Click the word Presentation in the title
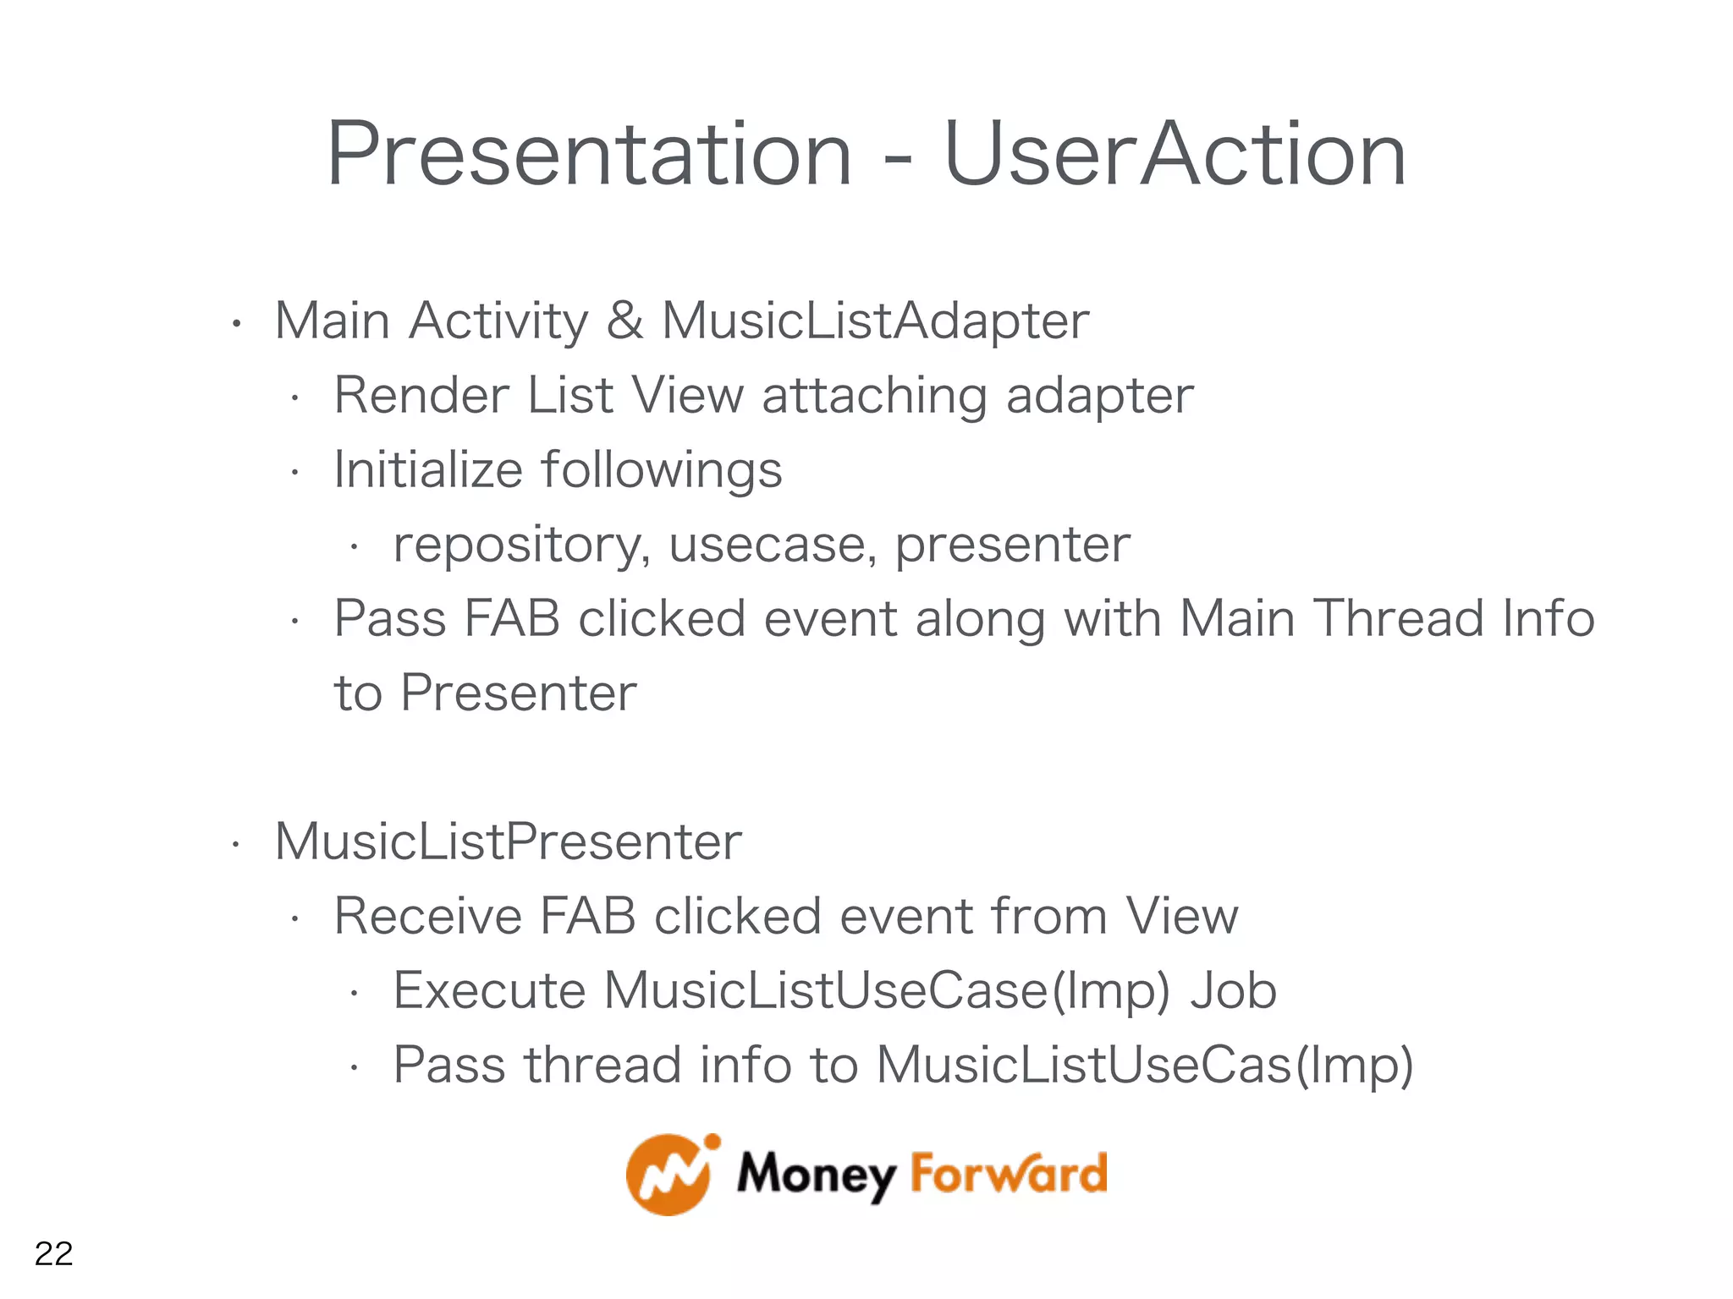pos(589,155)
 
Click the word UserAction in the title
pos(1175,155)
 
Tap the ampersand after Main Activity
pos(624,321)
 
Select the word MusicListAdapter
pos(875,321)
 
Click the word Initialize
pos(428,470)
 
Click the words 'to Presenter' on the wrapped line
pos(485,693)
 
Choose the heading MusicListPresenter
pos(508,842)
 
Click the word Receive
pos(428,917)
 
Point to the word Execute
pos(489,991)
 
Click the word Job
pos(1233,991)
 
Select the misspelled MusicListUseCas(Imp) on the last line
pos(1144,1066)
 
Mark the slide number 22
pos(53,1253)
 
